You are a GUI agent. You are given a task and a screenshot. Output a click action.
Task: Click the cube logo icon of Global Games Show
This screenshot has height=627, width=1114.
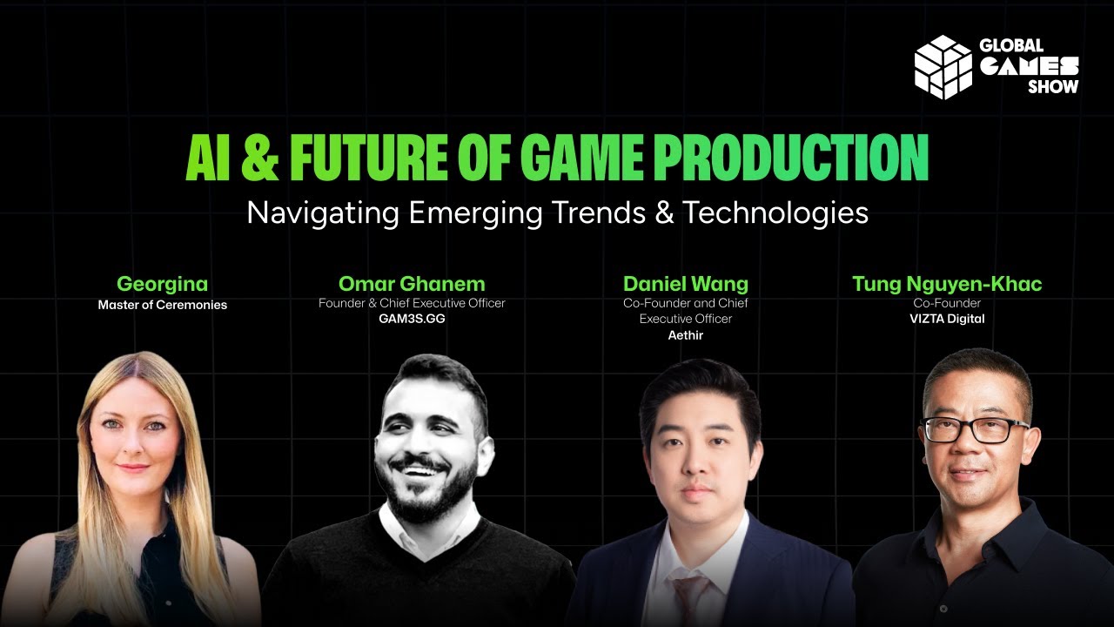pyautogui.click(x=942, y=66)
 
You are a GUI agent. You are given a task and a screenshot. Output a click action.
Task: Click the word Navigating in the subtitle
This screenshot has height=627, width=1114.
pyautogui.click(x=315, y=213)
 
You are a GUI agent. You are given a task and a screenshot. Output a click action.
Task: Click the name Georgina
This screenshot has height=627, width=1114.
pyautogui.click(x=162, y=284)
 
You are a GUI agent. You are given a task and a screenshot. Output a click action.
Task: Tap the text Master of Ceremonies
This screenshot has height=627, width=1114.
pyautogui.click(x=162, y=305)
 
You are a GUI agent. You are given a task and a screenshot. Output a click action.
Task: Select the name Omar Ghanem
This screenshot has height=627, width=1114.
pyautogui.click(x=412, y=284)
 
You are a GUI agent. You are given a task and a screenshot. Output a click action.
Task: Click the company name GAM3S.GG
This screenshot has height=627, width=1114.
pyautogui.click(x=412, y=319)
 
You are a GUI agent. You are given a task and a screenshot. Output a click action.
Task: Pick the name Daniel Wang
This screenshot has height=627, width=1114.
pyautogui.click(x=685, y=284)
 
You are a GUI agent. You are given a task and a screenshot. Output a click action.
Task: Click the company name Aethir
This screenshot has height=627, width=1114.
pyautogui.click(x=685, y=335)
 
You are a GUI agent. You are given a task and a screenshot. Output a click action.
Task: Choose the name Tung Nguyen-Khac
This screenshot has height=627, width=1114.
pyautogui.click(x=947, y=284)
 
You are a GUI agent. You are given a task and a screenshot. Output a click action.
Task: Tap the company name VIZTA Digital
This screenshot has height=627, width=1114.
pyautogui.click(x=947, y=319)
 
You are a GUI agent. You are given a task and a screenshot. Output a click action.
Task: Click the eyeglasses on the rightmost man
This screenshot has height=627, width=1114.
pyautogui.click(x=975, y=430)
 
